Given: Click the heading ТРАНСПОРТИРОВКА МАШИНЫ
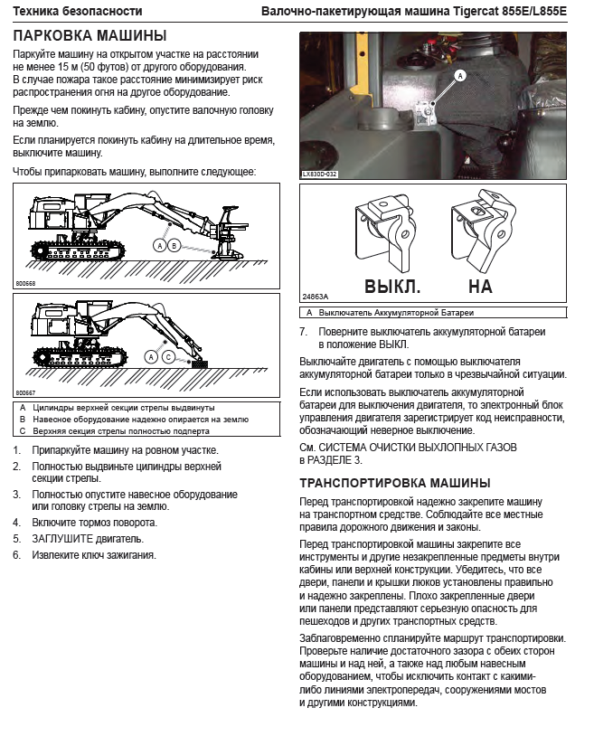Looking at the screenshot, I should [394, 483].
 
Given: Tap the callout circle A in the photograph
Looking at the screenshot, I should [459, 76].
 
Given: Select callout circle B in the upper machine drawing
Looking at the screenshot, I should [174, 245].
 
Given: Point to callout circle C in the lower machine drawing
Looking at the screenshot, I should [168, 358].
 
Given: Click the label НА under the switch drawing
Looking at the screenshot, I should [480, 287].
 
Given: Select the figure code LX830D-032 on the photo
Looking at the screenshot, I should [319, 174].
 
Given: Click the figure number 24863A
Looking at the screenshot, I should [315, 297].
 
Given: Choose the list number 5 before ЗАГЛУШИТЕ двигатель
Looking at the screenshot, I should [16, 539].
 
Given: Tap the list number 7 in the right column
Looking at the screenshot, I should [304, 332].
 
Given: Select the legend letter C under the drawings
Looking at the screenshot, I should [22, 431].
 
